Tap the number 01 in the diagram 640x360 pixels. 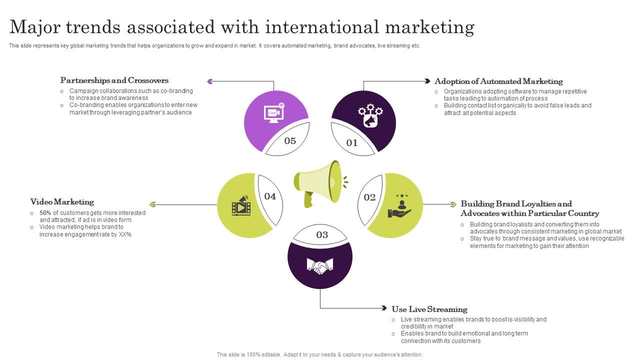tap(352, 143)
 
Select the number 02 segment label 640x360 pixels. tap(369, 197)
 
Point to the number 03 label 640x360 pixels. tap(322, 235)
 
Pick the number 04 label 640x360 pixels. tap(270, 196)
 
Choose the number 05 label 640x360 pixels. tap(290, 141)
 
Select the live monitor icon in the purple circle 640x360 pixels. tap(274, 112)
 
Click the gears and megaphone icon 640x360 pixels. tap(370, 115)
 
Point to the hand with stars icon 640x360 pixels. tap(400, 206)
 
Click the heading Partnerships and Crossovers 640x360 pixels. tap(114, 80)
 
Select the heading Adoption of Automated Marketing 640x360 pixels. tap(498, 81)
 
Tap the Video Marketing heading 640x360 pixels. tap(62, 202)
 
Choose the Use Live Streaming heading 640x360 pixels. tap(429, 309)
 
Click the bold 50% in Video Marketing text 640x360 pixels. tap(45, 213)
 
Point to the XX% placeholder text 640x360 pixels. tap(125, 234)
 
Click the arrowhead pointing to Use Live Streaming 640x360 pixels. tap(383, 308)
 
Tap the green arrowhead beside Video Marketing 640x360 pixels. tap(153, 204)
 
